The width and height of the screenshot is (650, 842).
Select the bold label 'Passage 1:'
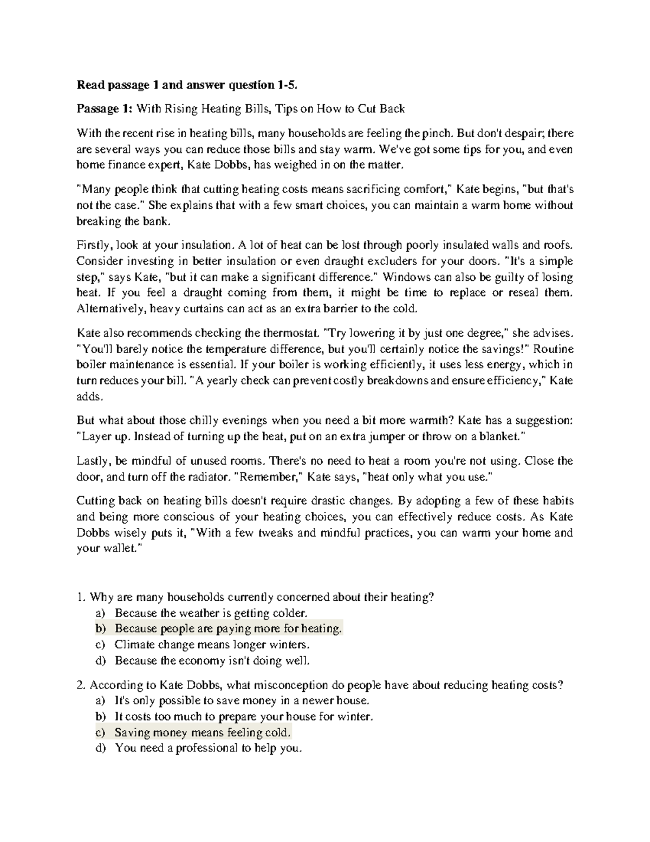(104, 109)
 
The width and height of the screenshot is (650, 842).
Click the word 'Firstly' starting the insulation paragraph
(93, 245)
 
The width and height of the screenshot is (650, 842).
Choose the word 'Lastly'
(93, 461)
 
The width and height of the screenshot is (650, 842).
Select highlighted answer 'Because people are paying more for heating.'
(229, 629)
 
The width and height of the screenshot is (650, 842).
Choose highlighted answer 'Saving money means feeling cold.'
(203, 732)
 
